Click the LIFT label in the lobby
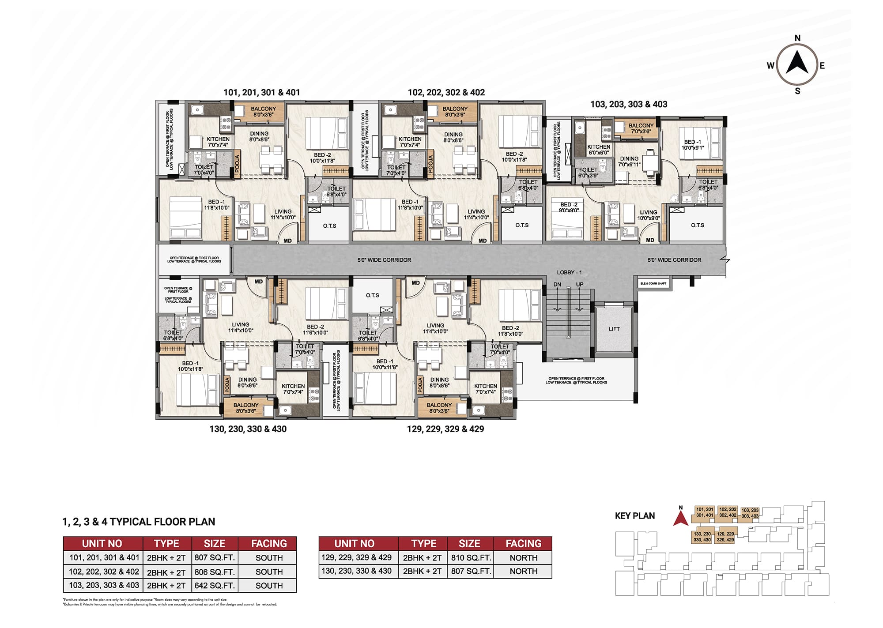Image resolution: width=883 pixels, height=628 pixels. click(x=614, y=329)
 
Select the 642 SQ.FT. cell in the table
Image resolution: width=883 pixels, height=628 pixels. click(x=215, y=586)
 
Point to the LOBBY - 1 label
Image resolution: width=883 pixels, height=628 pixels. click(x=569, y=272)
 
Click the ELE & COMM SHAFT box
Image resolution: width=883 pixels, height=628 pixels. click(x=653, y=283)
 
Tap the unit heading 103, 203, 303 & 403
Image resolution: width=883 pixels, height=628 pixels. click(x=629, y=105)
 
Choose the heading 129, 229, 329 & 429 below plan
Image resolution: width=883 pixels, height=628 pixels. click(x=445, y=429)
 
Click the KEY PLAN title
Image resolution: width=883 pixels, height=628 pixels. click(x=634, y=516)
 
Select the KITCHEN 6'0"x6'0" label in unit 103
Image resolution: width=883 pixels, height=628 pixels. click(x=599, y=150)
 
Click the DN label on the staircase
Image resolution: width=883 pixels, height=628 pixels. click(x=557, y=285)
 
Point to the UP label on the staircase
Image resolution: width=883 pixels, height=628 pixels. click(x=580, y=285)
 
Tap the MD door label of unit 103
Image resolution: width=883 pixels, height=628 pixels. click(x=650, y=240)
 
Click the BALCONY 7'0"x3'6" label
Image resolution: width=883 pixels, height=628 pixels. click(x=641, y=128)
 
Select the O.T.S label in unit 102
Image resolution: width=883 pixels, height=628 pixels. click(x=522, y=226)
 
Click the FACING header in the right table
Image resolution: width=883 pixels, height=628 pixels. click(x=523, y=544)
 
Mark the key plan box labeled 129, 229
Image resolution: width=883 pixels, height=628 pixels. click(x=725, y=537)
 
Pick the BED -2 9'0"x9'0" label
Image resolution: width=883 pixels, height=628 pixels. click(x=569, y=207)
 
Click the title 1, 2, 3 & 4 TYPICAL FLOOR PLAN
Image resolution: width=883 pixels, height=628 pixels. click(x=139, y=522)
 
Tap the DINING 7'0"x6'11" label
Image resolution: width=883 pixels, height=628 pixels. click(x=629, y=162)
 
